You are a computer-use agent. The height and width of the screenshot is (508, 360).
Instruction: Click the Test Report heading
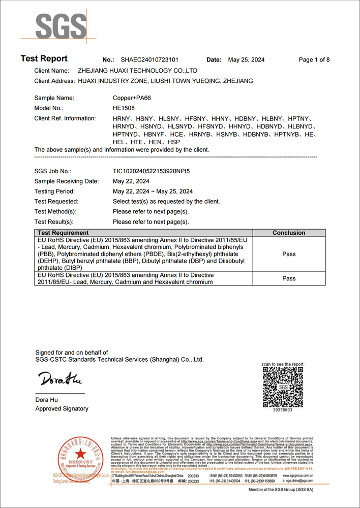44,59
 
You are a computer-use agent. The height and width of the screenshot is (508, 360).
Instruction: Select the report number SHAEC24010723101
149,60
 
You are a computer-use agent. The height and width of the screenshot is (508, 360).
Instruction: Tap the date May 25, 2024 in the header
246,60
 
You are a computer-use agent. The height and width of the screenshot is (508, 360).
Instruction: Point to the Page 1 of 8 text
314,60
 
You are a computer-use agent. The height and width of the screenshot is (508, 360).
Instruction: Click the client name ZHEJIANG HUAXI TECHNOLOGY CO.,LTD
137,71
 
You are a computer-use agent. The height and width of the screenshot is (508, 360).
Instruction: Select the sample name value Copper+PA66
132,98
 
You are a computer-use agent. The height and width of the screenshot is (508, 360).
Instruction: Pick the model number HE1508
124,108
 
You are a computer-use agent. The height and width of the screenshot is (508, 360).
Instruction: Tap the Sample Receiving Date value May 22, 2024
131,181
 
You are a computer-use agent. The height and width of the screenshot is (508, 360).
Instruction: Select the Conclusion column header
289,233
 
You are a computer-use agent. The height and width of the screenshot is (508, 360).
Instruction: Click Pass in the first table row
289,253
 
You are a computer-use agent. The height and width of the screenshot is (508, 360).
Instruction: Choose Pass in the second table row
289,278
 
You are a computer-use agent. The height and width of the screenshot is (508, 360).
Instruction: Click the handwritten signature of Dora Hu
59,379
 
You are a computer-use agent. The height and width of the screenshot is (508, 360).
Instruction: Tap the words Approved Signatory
62,409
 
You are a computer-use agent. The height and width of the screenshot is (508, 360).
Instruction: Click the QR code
283,386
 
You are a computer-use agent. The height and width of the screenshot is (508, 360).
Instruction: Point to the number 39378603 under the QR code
283,409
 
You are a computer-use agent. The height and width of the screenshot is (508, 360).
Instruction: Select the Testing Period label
54,192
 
